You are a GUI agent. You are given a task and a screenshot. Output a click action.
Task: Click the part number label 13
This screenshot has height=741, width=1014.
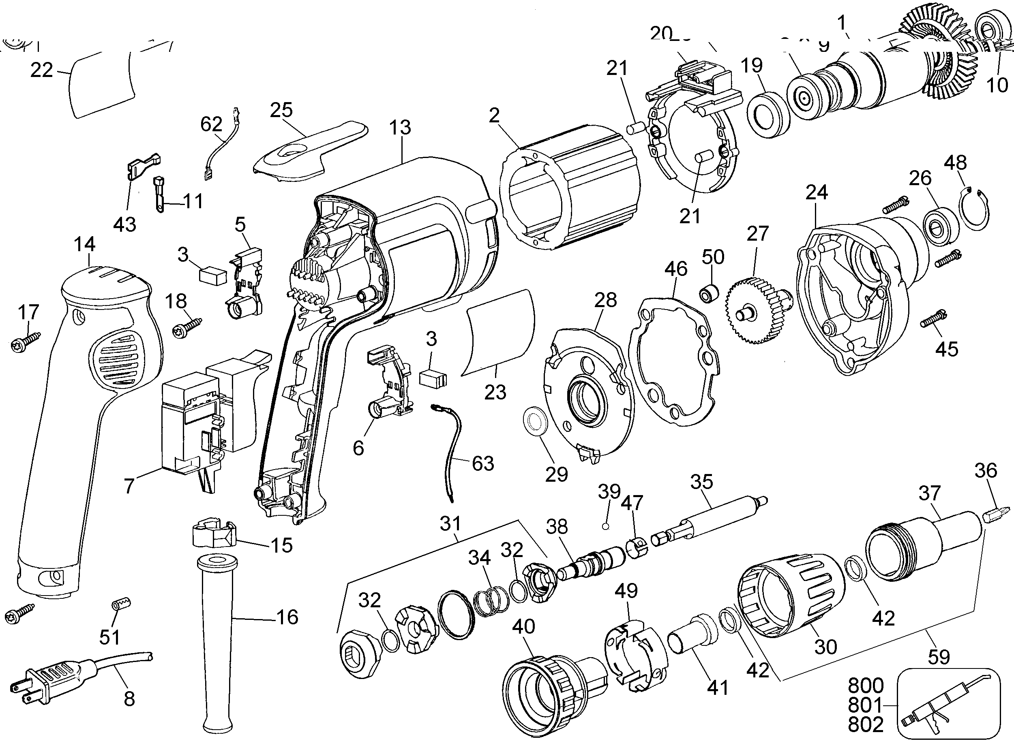(400, 127)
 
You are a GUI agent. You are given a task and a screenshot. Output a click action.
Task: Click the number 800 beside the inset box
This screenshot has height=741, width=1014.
(866, 686)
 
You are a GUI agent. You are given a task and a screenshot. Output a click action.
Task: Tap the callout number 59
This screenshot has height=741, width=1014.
(939, 657)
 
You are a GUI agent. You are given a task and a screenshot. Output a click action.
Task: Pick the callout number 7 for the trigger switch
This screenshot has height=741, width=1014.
(129, 486)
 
